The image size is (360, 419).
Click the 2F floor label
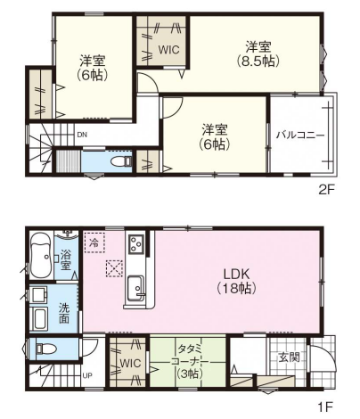[x=326, y=190]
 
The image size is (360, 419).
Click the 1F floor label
[x=326, y=407]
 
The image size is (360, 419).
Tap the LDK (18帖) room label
[x=236, y=281]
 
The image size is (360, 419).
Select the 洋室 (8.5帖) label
[x=258, y=54]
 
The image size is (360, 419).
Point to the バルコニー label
[x=300, y=136]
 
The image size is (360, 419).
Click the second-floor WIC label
[x=168, y=50]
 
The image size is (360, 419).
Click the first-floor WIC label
[x=130, y=363]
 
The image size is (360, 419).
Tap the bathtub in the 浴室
[x=41, y=255]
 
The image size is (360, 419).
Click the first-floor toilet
[x=45, y=348]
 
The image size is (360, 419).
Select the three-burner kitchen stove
[x=136, y=243]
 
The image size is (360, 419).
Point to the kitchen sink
[x=136, y=288]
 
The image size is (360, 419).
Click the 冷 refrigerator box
[x=94, y=242]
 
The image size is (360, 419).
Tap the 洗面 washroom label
[x=64, y=312]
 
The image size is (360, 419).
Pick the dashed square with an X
[x=114, y=268]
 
